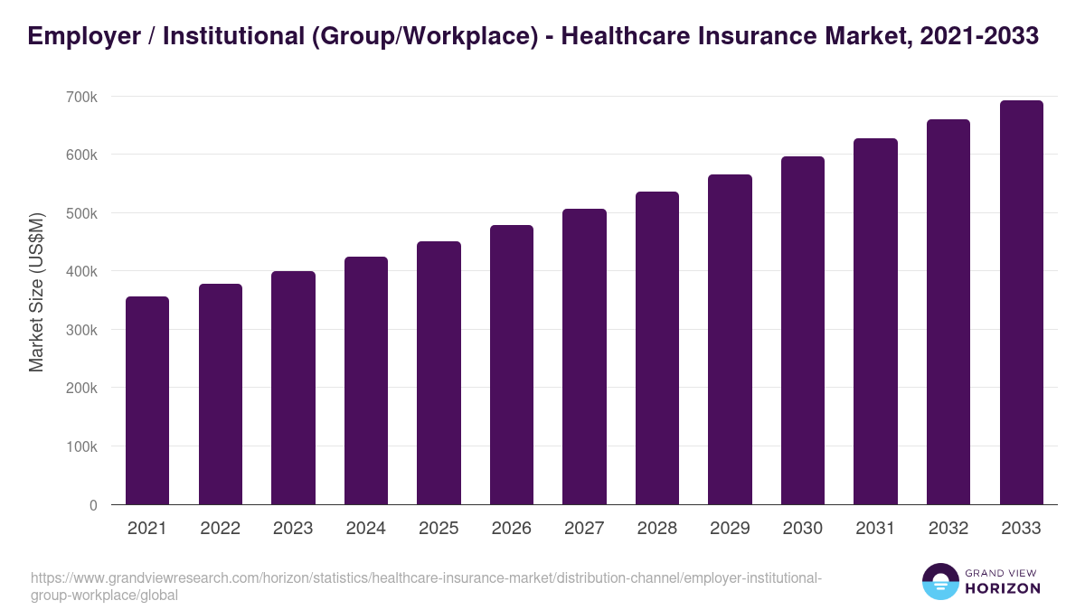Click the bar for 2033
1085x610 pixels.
(x=1021, y=303)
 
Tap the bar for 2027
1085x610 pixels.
(x=584, y=357)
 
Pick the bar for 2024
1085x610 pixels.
(x=366, y=380)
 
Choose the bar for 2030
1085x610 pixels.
(x=803, y=331)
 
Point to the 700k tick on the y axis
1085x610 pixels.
(x=80, y=97)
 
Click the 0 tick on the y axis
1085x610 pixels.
(x=93, y=505)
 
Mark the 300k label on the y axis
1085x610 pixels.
(x=80, y=330)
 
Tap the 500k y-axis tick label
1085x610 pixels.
(x=80, y=213)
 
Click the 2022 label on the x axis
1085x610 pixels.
(x=220, y=529)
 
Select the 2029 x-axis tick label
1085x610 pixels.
(x=730, y=529)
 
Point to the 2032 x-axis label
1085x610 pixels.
(x=948, y=529)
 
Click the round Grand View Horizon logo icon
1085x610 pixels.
(x=940, y=581)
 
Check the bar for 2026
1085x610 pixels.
(x=512, y=365)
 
